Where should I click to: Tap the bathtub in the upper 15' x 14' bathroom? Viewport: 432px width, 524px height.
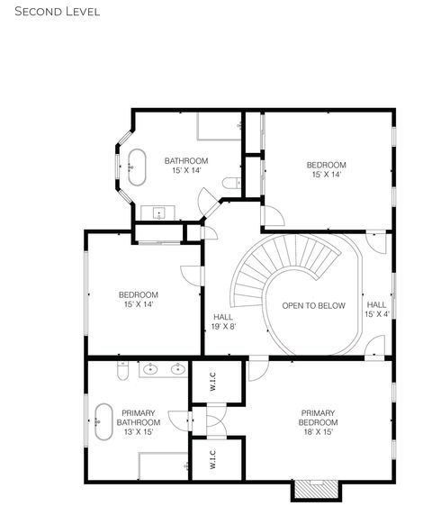point(137,167)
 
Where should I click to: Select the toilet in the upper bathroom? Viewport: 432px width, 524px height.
point(232,184)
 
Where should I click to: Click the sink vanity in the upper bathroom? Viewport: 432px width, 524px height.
point(158,213)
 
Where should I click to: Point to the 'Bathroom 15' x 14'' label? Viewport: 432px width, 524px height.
point(186,166)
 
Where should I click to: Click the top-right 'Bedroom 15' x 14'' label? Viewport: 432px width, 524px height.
point(326,169)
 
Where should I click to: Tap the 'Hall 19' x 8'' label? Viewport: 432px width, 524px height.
point(223,321)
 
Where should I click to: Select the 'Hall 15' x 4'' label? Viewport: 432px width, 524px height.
point(377,310)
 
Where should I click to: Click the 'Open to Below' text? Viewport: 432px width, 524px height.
point(313,306)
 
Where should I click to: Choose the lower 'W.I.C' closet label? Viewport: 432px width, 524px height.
point(213,459)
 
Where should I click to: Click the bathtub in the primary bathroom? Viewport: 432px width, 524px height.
point(102,420)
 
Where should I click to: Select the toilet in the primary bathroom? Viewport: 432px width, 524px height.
point(123,370)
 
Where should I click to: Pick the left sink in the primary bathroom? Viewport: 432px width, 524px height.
point(151,368)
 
